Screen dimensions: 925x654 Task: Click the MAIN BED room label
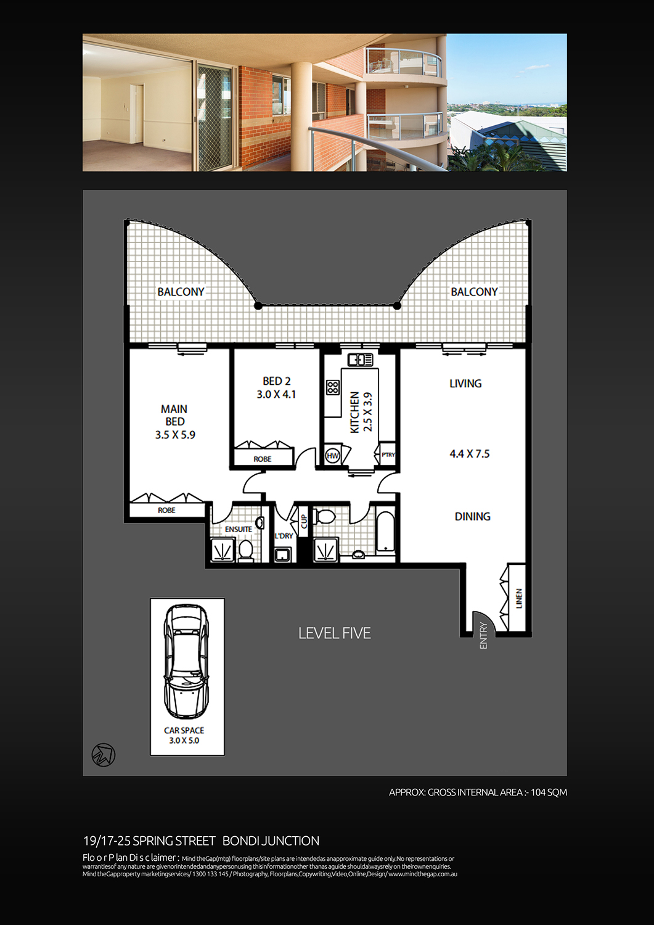point(174,415)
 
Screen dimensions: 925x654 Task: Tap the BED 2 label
point(276,382)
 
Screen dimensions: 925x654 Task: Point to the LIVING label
point(465,384)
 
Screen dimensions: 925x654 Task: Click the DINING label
point(472,517)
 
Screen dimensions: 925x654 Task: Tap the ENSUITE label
point(238,529)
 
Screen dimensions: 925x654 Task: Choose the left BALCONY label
point(181,292)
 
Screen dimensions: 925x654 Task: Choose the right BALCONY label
point(474,292)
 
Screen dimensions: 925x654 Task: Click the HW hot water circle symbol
point(333,456)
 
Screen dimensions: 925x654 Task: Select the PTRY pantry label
point(388,455)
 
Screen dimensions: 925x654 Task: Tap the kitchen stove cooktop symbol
point(333,387)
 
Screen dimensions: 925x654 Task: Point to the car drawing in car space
point(185,660)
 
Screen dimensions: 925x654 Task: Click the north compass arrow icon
point(104,754)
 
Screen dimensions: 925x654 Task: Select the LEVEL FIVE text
point(335,633)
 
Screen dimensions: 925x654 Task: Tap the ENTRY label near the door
point(483,635)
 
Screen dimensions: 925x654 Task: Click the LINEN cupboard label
point(519,598)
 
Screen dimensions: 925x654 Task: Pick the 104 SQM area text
point(549,792)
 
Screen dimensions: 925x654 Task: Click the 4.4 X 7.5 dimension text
point(470,454)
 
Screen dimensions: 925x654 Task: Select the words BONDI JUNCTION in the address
point(271,841)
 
